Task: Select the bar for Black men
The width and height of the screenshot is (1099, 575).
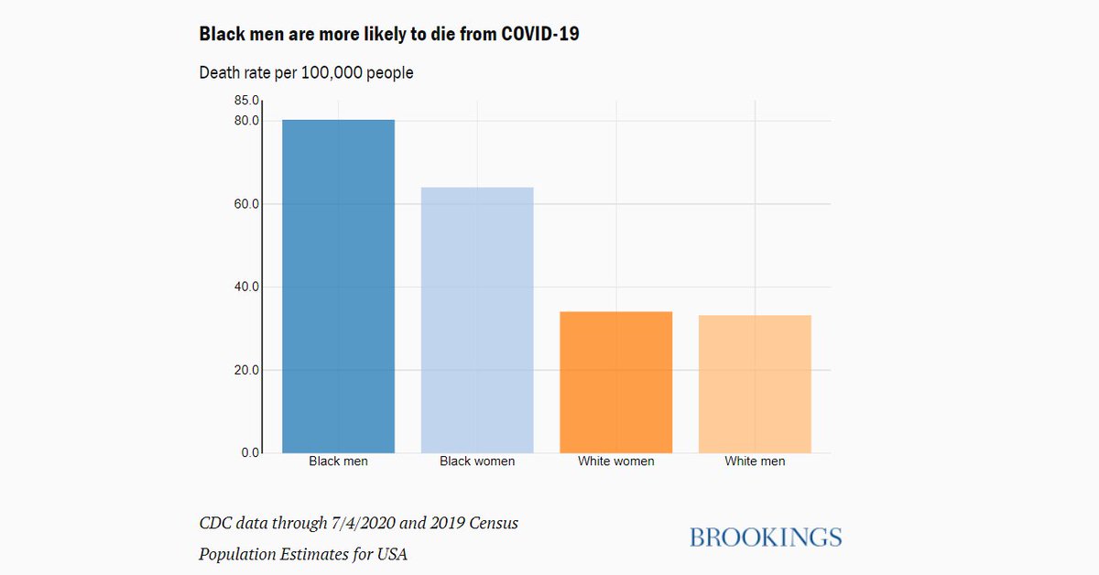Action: click(338, 286)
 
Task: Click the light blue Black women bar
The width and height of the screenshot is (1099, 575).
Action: click(477, 320)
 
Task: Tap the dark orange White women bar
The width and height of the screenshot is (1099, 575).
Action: click(615, 382)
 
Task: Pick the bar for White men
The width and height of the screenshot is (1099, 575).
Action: click(755, 384)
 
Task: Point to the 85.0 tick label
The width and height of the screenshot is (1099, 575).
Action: click(247, 101)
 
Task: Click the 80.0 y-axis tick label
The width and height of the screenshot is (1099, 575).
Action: click(247, 121)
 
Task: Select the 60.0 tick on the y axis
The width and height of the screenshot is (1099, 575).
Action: click(247, 203)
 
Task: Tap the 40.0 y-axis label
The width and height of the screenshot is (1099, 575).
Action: click(247, 287)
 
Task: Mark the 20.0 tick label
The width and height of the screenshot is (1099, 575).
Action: click(247, 370)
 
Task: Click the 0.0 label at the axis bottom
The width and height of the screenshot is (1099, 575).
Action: click(251, 452)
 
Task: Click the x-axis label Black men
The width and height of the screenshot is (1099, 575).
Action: click(338, 461)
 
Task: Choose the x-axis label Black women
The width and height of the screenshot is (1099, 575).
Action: click(477, 461)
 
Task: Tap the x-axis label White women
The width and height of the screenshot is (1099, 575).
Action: click(615, 461)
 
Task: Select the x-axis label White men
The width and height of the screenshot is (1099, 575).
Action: click(755, 461)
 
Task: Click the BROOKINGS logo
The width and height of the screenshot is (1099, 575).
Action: click(765, 537)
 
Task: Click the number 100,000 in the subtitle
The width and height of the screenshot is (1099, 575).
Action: click(331, 72)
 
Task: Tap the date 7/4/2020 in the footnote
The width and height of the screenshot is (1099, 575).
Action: click(365, 524)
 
